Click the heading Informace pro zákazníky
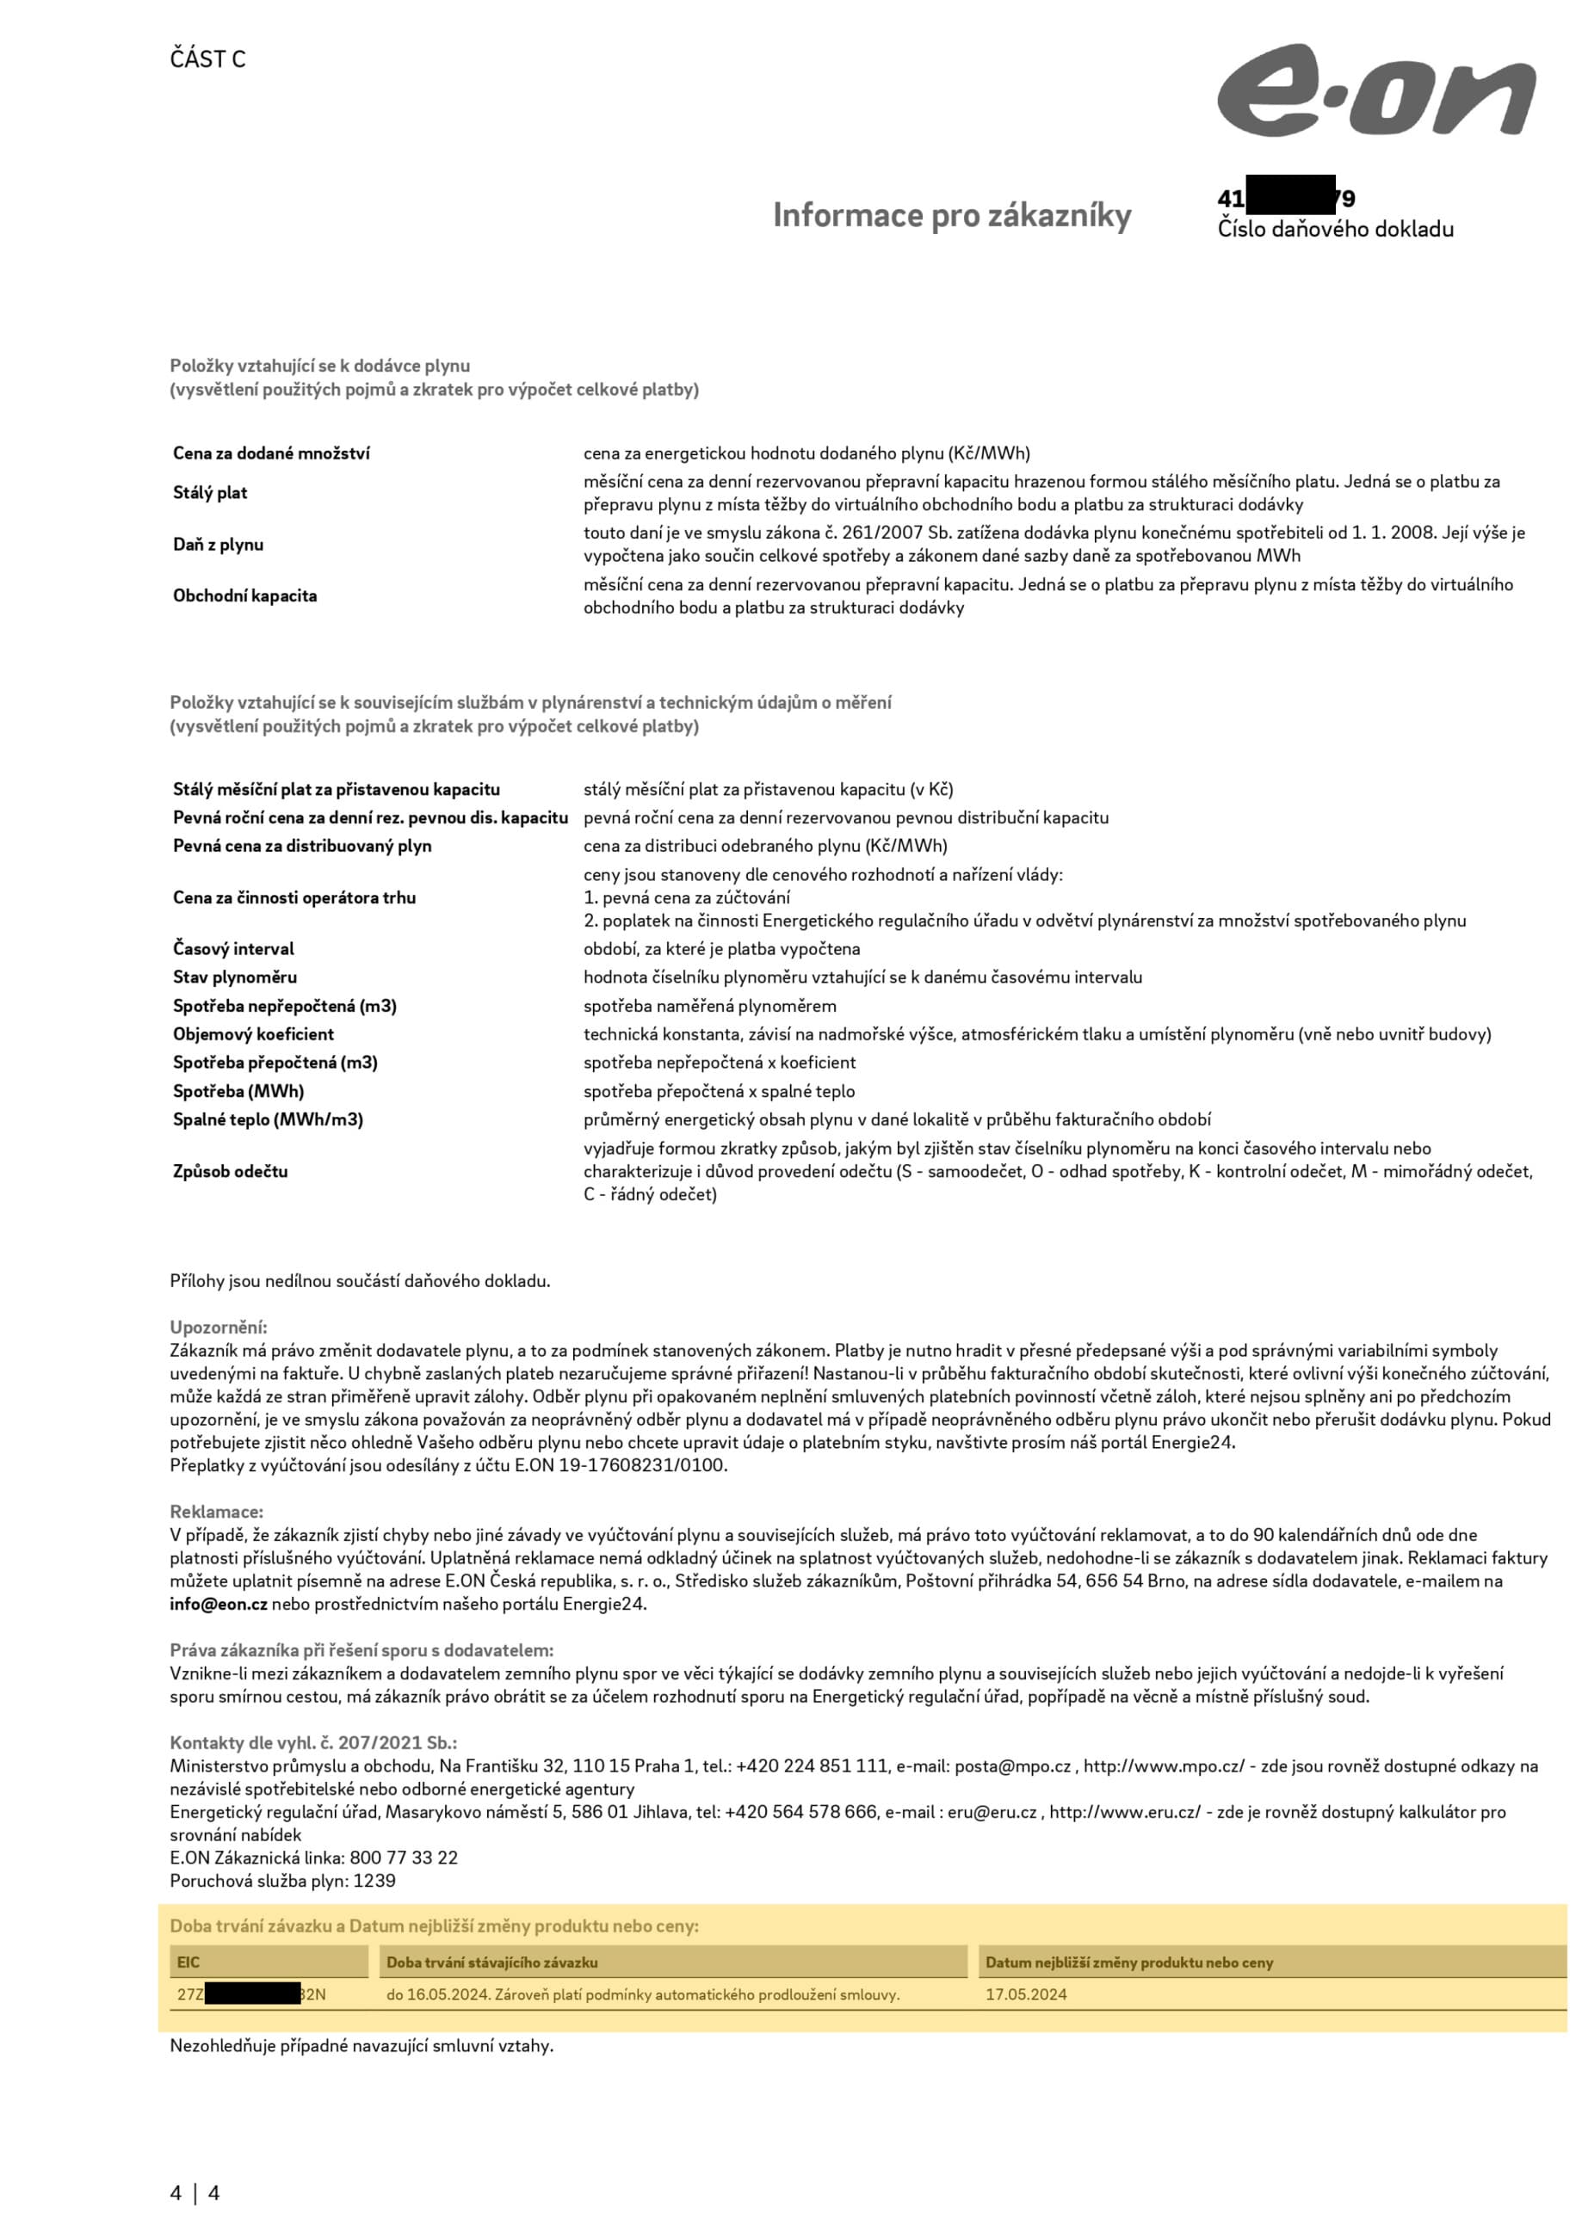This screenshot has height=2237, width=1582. pyautogui.click(x=951, y=215)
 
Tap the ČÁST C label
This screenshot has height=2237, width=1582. pyautogui.click(x=207, y=59)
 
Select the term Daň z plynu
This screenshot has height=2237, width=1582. pyautogui.click(x=219, y=545)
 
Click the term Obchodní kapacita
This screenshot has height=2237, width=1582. pyautogui.click(x=244, y=595)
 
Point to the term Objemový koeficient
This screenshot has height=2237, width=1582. pyautogui.click(x=253, y=1033)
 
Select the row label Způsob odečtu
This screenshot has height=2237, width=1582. pyautogui.click(x=230, y=1171)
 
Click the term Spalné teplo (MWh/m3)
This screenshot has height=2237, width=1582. pyautogui.click(x=268, y=1119)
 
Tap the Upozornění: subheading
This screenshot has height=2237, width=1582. pyautogui.click(x=219, y=1327)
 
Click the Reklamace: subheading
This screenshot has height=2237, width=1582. pyautogui.click(x=216, y=1511)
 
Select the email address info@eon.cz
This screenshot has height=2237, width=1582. pyautogui.click(x=219, y=1604)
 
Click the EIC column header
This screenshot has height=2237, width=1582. pyautogui.click(x=188, y=1963)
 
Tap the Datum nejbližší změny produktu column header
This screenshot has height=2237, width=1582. pyautogui.click(x=1128, y=1963)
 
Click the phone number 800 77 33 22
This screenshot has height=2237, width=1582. pyautogui.click(x=404, y=1857)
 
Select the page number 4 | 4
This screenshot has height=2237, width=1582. pyautogui.click(x=195, y=2193)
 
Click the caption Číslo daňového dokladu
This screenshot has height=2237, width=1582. pyautogui.click(x=1334, y=229)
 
